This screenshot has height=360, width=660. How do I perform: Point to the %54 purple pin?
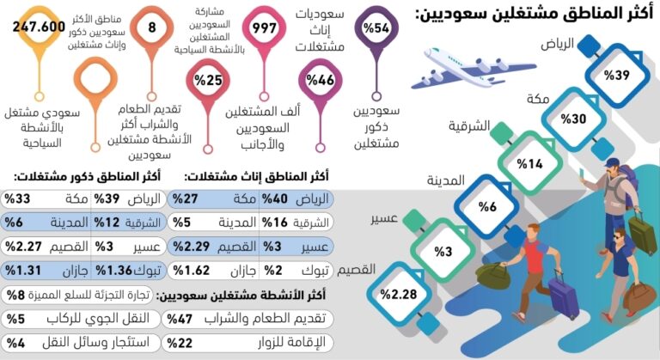click(376, 28)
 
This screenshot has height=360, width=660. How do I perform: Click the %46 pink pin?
click(320, 82)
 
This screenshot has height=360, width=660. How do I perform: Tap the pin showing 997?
click(263, 28)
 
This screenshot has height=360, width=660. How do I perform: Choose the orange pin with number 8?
click(151, 27)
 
